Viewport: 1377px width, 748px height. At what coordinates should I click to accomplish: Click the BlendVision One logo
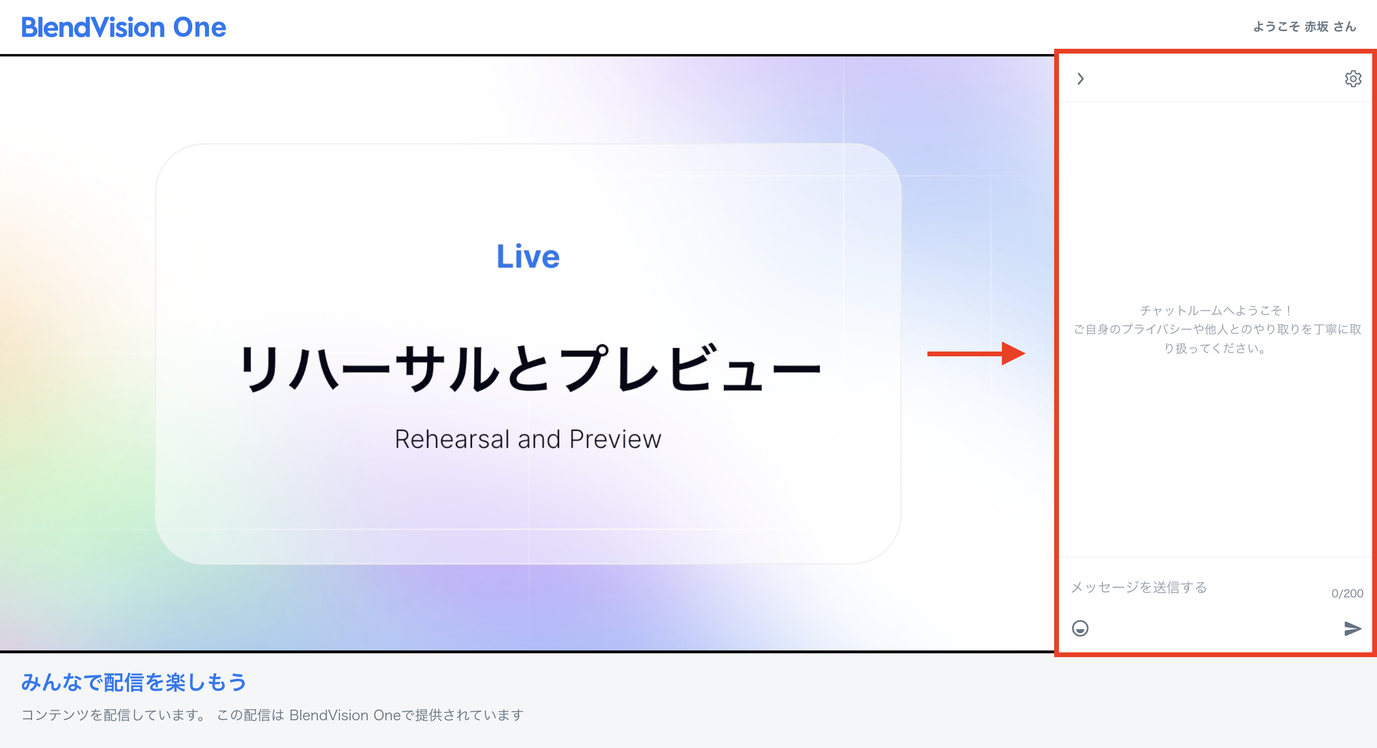click(123, 27)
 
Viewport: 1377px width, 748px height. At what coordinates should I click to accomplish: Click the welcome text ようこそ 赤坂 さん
click(1304, 27)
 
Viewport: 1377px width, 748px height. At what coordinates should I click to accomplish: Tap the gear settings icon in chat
click(1353, 78)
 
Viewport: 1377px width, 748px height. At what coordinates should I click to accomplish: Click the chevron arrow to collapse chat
click(1080, 78)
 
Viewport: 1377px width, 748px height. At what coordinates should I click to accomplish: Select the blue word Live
click(528, 257)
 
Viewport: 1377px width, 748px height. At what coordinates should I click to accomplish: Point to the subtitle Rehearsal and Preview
click(528, 439)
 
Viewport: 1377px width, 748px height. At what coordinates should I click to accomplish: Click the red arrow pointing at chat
click(976, 353)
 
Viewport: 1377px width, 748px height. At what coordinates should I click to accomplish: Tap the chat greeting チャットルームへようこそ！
click(1215, 310)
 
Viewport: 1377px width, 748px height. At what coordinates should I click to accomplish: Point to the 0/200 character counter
click(1346, 594)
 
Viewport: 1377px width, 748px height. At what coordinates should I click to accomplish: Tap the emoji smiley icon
click(1080, 628)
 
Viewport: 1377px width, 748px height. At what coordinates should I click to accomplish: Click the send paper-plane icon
click(1353, 628)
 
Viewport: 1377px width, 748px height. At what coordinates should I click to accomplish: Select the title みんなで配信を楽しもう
click(133, 682)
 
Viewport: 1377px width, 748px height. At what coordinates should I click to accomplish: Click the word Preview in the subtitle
click(615, 439)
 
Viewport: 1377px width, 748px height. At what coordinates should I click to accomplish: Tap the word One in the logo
click(199, 27)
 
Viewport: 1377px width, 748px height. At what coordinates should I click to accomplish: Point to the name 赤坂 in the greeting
click(1316, 27)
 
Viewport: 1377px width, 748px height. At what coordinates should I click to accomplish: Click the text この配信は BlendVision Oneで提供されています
click(370, 715)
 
